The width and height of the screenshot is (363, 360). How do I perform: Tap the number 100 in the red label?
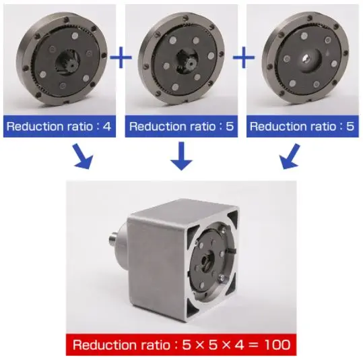point(276,345)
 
